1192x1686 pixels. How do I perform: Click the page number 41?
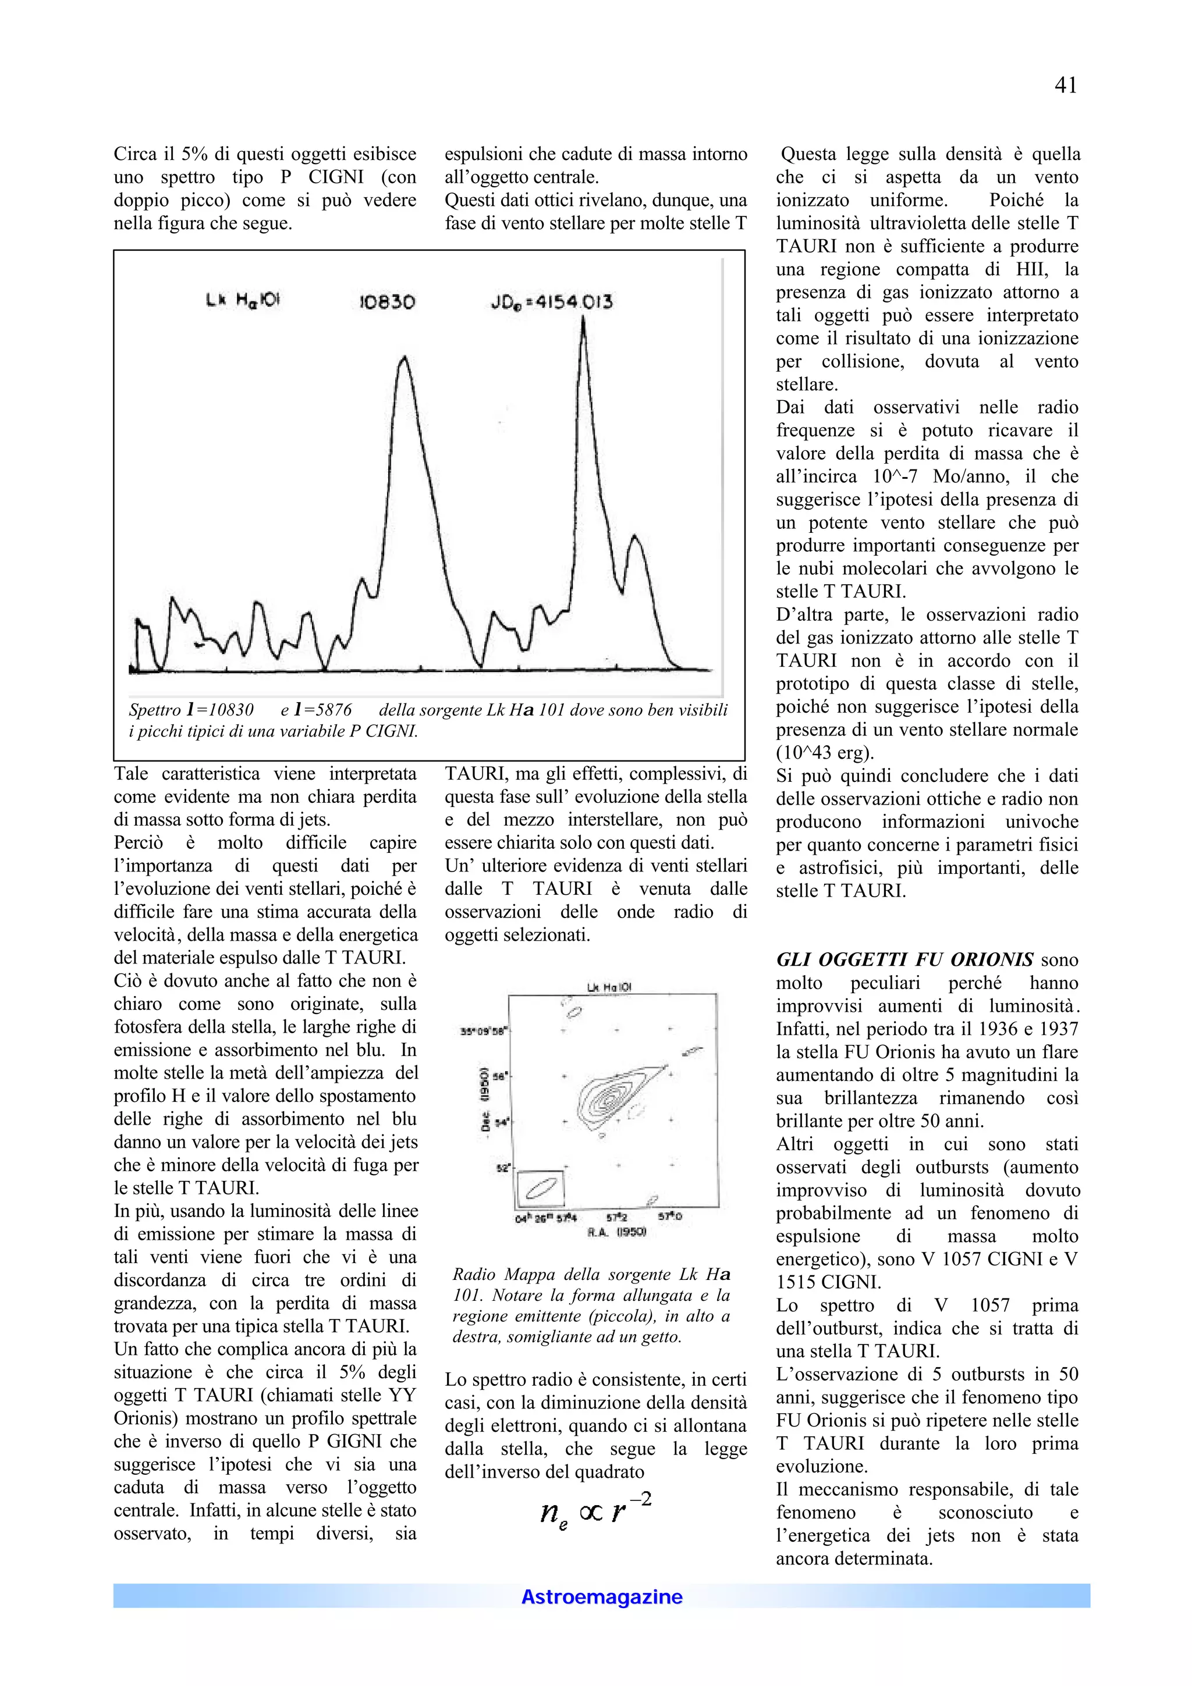click(x=1065, y=86)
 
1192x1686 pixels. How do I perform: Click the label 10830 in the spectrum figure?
click(x=387, y=302)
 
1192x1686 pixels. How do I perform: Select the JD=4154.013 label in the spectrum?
click(x=552, y=302)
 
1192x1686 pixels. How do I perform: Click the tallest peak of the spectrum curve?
click(x=583, y=320)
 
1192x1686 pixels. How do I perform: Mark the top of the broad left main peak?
click(x=404, y=358)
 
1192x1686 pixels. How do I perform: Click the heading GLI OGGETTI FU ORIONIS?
click(x=905, y=960)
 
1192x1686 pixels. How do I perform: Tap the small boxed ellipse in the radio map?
click(x=541, y=1187)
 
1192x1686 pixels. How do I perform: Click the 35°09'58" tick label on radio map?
click(x=483, y=1031)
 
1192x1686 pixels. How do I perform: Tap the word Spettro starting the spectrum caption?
click(x=154, y=710)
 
